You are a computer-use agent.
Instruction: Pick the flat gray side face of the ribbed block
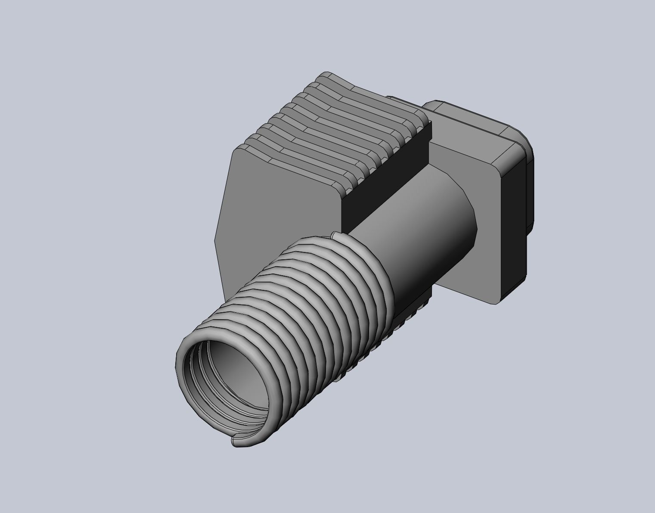(x=276, y=215)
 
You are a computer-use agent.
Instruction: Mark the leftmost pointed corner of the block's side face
(x=216, y=237)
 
